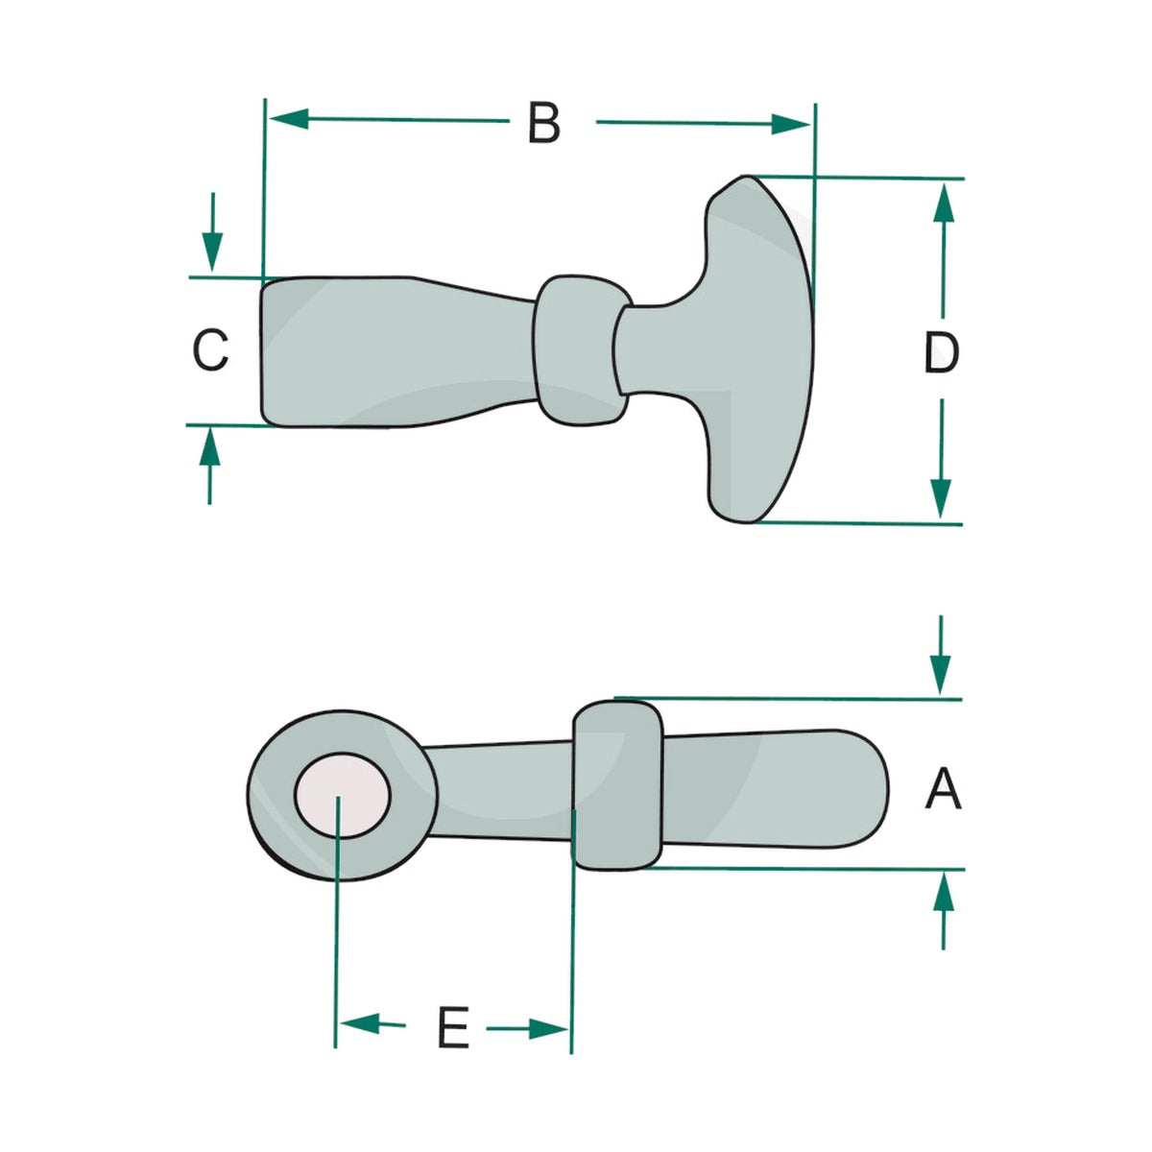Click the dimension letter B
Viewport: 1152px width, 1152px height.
tap(543, 123)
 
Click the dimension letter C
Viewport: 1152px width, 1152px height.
tap(210, 350)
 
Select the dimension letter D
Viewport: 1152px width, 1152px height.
tap(941, 352)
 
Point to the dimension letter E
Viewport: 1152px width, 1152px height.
tap(453, 1027)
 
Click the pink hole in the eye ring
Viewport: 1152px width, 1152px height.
tap(343, 795)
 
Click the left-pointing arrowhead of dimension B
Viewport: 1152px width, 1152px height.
tap(289, 119)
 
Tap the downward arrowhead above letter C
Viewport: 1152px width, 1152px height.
tap(212, 252)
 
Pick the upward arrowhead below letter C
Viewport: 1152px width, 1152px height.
tap(210, 447)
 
